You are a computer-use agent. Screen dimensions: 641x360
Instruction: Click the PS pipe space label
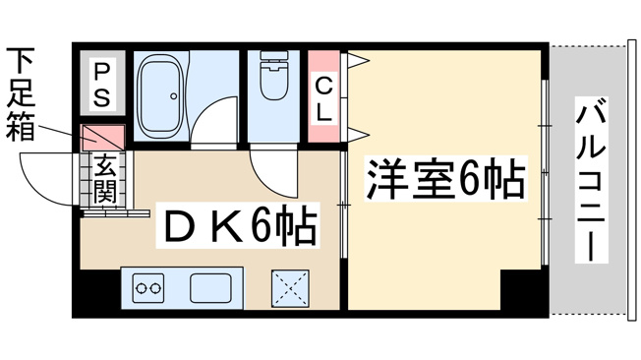102,86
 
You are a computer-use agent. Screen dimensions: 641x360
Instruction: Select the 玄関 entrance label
105,179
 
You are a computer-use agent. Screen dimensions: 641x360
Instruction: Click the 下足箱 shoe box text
21,94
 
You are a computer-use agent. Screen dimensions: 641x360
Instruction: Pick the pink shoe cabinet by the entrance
103,135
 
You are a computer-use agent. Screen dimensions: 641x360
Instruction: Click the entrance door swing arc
49,177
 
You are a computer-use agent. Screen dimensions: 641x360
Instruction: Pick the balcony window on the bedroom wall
545,177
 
